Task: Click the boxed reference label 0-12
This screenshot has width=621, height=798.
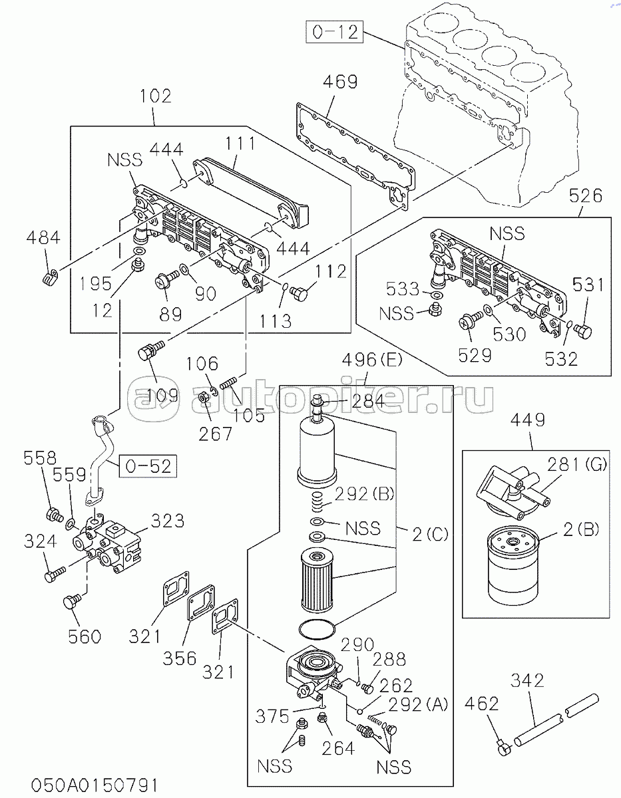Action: [335, 33]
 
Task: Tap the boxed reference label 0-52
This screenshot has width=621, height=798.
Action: [148, 466]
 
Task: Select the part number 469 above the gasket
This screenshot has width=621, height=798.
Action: [340, 82]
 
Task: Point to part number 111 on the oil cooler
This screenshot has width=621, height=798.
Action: [240, 143]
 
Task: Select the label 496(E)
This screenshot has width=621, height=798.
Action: [371, 360]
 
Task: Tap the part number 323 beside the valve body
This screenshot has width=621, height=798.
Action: [167, 521]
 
